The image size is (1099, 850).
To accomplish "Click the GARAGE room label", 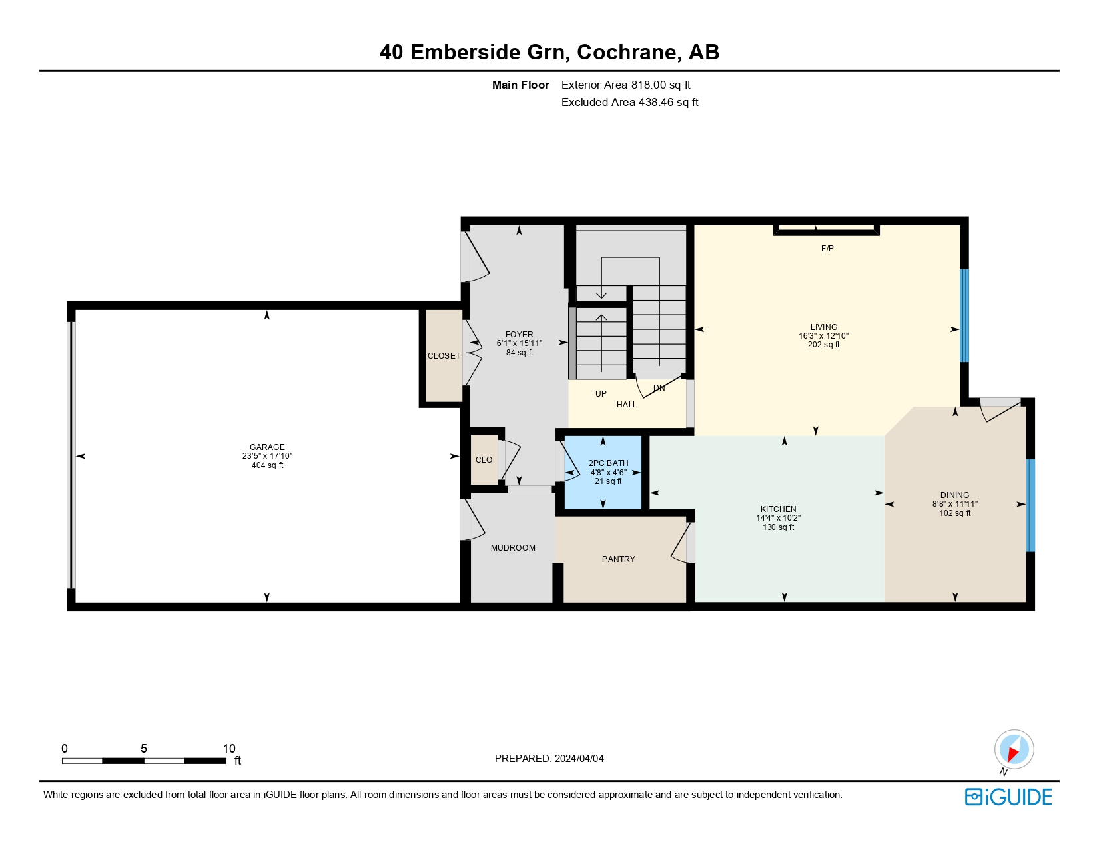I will [267, 447].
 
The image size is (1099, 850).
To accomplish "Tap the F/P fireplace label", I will [827, 249].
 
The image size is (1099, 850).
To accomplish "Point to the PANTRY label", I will [618, 559].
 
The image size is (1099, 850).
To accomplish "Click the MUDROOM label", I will [513, 548].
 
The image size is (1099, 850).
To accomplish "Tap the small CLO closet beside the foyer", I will [484, 460].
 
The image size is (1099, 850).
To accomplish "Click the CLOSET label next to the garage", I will [444, 356].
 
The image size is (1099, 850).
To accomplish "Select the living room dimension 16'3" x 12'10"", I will [823, 336].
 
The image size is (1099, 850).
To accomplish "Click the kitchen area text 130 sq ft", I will [778, 527].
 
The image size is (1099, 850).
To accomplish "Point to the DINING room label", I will [954, 495].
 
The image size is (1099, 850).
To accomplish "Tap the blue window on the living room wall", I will [964, 315].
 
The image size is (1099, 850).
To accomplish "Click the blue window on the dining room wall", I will [1030, 505].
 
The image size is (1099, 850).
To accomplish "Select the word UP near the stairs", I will [601, 394].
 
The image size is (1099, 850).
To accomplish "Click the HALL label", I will [626, 405].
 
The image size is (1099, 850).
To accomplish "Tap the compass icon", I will [1014, 749].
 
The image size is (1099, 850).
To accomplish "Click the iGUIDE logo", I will [1008, 797].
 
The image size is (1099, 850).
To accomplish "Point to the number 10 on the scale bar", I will [229, 749].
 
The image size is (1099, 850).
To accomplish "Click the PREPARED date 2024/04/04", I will [579, 759].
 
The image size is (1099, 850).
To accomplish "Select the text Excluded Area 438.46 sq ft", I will [629, 102].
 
